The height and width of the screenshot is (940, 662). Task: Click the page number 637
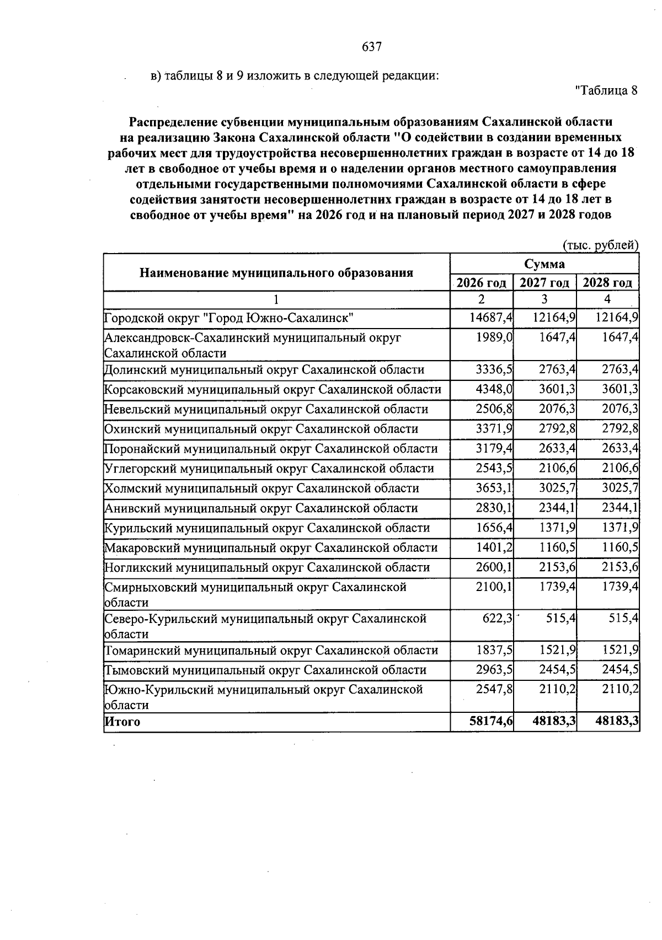(372, 47)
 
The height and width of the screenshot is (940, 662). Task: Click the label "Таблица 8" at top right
(606, 90)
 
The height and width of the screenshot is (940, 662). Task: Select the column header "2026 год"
(482, 283)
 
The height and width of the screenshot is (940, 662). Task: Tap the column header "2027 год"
(544, 283)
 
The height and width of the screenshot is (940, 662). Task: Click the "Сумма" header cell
(544, 264)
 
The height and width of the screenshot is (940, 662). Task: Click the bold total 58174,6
(490, 721)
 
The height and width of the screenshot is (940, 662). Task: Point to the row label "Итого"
(122, 722)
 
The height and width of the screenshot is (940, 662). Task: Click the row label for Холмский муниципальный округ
(261, 488)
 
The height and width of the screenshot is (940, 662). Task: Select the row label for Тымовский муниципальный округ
(265, 670)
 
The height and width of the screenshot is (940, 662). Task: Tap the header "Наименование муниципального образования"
(276, 272)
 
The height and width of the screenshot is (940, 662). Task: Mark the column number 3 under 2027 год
(544, 299)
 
